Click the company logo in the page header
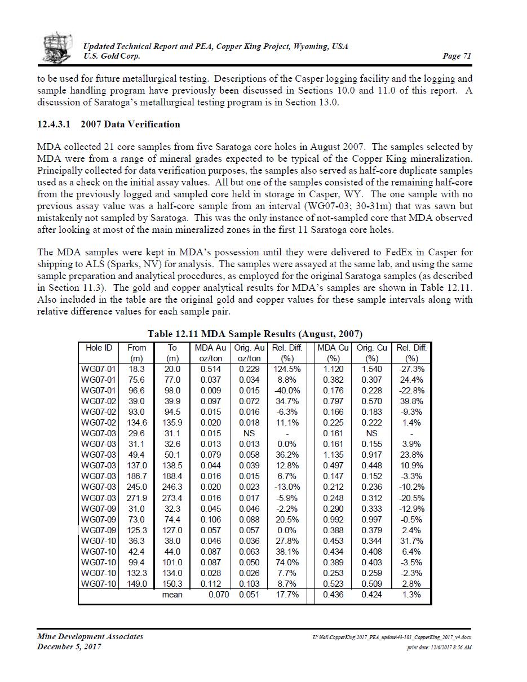pyautogui.click(x=57, y=47)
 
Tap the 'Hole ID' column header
pyautogui.click(x=99, y=348)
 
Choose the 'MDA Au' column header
pyautogui.click(x=210, y=348)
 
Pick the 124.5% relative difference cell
pyautogui.click(x=286, y=369)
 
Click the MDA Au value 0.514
pyautogui.click(x=211, y=369)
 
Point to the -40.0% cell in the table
pyautogui.click(x=287, y=391)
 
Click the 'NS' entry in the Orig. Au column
pyautogui.click(x=249, y=433)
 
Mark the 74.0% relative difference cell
pyautogui.click(x=287, y=563)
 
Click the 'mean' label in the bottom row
pyautogui.click(x=172, y=595)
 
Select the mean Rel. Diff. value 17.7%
pyautogui.click(x=287, y=595)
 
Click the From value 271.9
pyautogui.click(x=137, y=498)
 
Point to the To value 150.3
pyautogui.click(x=172, y=584)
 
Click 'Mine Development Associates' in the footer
pyautogui.click(x=90, y=637)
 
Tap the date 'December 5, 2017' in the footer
pyautogui.click(x=69, y=646)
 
